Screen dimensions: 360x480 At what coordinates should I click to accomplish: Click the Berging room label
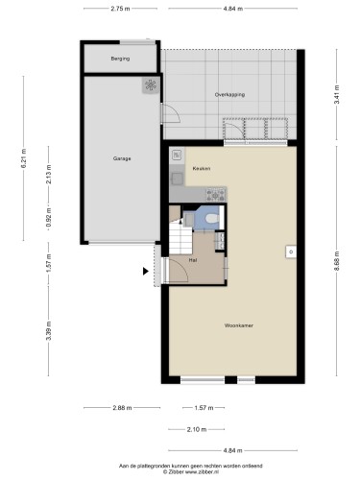[120, 59]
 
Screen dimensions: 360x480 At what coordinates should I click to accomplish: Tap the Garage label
[122, 158]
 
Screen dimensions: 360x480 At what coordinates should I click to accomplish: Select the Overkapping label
[229, 95]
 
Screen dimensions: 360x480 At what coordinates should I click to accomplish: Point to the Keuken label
[202, 168]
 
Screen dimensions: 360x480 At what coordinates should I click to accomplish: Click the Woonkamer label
[239, 325]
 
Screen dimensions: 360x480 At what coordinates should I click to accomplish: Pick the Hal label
[193, 260]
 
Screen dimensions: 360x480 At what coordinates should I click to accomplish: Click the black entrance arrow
[146, 272]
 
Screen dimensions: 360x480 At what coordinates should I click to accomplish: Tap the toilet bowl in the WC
[211, 218]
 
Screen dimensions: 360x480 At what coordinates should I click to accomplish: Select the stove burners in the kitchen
[216, 195]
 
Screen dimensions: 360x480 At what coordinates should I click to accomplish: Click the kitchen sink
[177, 180]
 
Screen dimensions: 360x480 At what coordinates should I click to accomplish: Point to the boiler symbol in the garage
[151, 85]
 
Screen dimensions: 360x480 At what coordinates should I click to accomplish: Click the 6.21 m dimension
[24, 158]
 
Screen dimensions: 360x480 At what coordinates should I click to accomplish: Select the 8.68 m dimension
[336, 260]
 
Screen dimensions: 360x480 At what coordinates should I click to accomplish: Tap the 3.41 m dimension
[336, 94]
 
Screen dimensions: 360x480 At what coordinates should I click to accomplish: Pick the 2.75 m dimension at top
[120, 9]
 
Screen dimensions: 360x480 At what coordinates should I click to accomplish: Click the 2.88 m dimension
[122, 408]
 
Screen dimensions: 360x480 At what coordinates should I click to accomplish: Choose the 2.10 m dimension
[197, 429]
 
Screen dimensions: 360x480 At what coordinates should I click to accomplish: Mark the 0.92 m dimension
[49, 218]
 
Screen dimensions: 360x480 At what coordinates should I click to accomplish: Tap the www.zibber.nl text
[202, 471]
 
